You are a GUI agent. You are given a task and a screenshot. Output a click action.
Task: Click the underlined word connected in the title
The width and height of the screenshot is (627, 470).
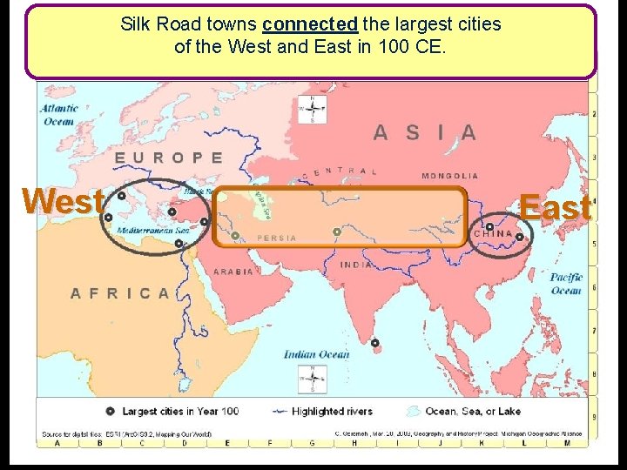click(x=310, y=23)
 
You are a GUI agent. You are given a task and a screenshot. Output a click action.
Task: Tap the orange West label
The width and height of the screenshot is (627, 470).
click(x=63, y=200)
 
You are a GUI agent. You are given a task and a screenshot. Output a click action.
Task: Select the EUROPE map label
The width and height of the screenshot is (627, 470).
click(x=169, y=158)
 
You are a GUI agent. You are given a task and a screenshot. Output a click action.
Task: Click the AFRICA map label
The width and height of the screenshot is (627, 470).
click(x=121, y=293)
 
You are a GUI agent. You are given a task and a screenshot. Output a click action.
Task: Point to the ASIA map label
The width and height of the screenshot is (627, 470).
click(x=425, y=132)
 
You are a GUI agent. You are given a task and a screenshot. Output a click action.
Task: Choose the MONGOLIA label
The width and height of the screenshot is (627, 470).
click(x=450, y=176)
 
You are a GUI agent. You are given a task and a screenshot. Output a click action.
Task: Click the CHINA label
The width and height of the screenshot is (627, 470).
click(x=493, y=234)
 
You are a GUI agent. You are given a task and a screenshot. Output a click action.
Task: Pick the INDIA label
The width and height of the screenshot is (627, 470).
click(x=357, y=265)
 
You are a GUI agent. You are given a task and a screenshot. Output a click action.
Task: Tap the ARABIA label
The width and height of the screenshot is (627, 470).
click(x=233, y=272)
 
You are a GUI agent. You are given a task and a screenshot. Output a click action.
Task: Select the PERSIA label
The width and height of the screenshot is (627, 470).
click(x=277, y=238)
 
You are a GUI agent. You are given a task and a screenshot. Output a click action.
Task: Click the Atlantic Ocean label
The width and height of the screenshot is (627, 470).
click(x=59, y=115)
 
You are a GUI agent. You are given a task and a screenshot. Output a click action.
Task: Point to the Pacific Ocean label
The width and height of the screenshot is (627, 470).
click(x=566, y=284)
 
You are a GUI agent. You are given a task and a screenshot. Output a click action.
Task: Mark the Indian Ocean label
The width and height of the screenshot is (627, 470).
click(x=316, y=354)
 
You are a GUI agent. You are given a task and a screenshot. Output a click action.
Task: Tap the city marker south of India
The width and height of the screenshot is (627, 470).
click(x=374, y=342)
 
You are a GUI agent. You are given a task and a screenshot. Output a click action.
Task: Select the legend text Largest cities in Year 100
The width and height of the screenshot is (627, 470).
click(x=180, y=411)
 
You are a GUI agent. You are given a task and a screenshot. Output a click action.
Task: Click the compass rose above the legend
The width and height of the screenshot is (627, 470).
click(x=313, y=378)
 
